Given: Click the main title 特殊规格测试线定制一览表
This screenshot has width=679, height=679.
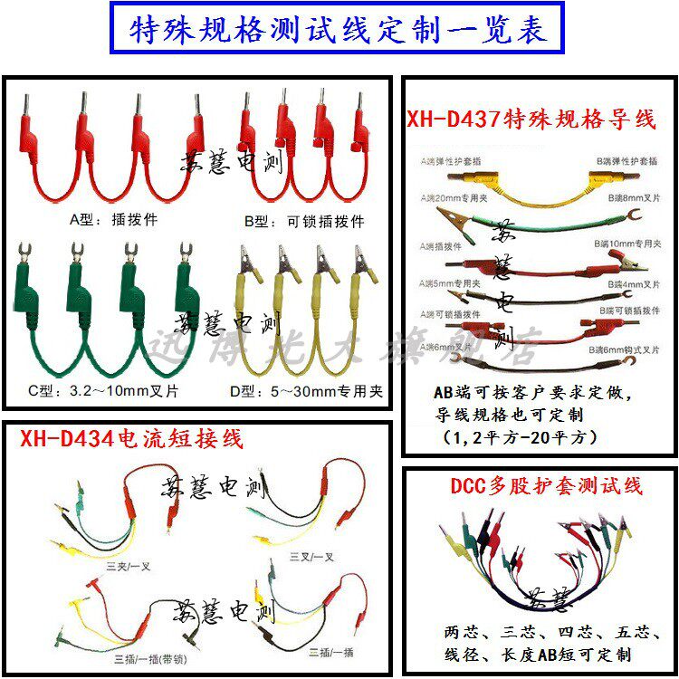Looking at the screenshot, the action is point(339,30).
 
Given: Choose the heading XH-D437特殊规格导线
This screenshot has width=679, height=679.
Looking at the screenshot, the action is point(531,120).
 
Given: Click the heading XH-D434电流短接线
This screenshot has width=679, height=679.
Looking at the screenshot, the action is point(132,441).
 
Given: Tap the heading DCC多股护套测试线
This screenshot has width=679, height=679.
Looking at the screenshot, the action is point(547,487).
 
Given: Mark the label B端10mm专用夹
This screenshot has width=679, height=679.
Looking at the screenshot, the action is point(626,244).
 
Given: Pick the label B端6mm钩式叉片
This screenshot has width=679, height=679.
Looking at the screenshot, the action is point(625,348).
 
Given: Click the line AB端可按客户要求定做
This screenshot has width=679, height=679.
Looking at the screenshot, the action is point(532,395).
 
